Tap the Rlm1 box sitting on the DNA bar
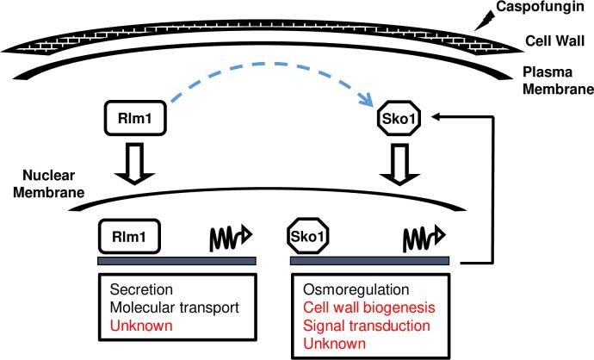click(x=130, y=233)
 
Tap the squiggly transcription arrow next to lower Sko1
click(x=423, y=234)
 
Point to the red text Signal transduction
click(x=362, y=326)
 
